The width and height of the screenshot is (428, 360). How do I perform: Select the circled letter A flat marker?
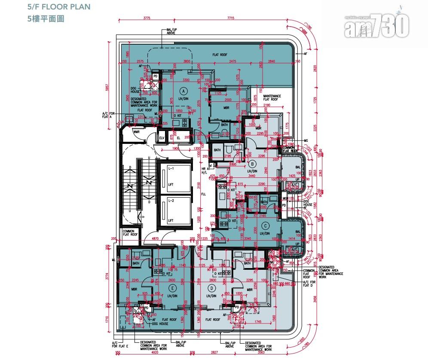click(x=183, y=91)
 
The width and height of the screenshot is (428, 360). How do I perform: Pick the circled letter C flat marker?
click(x=265, y=226)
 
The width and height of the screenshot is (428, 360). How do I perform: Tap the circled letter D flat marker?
click(x=211, y=287)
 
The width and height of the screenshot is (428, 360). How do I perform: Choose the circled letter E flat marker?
click(x=172, y=287)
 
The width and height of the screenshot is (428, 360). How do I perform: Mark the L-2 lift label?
click(x=171, y=201)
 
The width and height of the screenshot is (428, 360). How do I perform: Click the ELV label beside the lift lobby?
click(x=162, y=138)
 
